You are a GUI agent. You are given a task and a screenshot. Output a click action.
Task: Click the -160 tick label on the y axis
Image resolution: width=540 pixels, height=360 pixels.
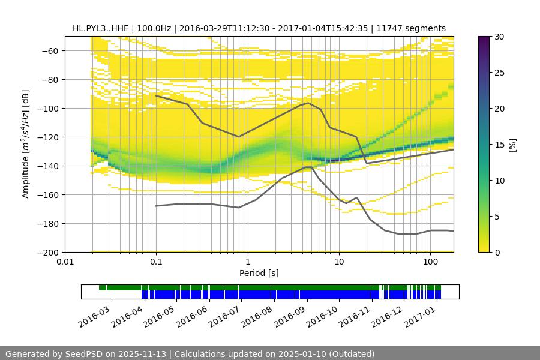tap(48, 194)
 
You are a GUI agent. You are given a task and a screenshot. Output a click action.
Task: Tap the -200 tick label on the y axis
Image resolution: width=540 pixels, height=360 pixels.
tap(48, 252)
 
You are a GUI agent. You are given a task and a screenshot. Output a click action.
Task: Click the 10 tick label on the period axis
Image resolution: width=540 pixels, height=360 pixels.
tap(339, 262)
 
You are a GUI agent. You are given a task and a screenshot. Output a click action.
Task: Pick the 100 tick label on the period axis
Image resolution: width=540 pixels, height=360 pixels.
tap(430, 262)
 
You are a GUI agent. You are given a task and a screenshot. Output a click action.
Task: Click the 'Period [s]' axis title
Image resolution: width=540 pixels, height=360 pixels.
tap(259, 273)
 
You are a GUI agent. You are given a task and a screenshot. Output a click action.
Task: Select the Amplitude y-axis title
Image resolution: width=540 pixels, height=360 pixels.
tap(25, 144)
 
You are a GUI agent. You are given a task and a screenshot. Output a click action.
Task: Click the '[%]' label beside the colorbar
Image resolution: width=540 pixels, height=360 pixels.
tap(512, 144)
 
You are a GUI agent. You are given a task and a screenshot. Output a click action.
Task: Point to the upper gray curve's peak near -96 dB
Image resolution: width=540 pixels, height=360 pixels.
tap(308, 103)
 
